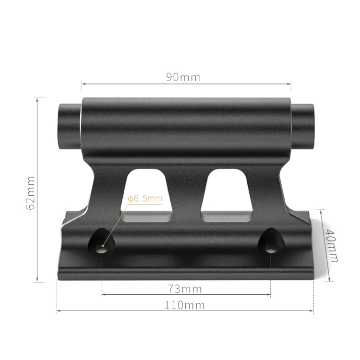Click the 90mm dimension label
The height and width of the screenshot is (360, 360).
tap(183, 77)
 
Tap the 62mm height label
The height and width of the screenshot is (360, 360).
tap(31, 192)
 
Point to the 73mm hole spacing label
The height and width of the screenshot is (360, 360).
tap(185, 289)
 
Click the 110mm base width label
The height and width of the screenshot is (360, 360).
tap(185, 305)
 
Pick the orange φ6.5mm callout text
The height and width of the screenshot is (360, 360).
tap(145, 198)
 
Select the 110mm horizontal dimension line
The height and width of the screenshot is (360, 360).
tap(120, 312)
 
